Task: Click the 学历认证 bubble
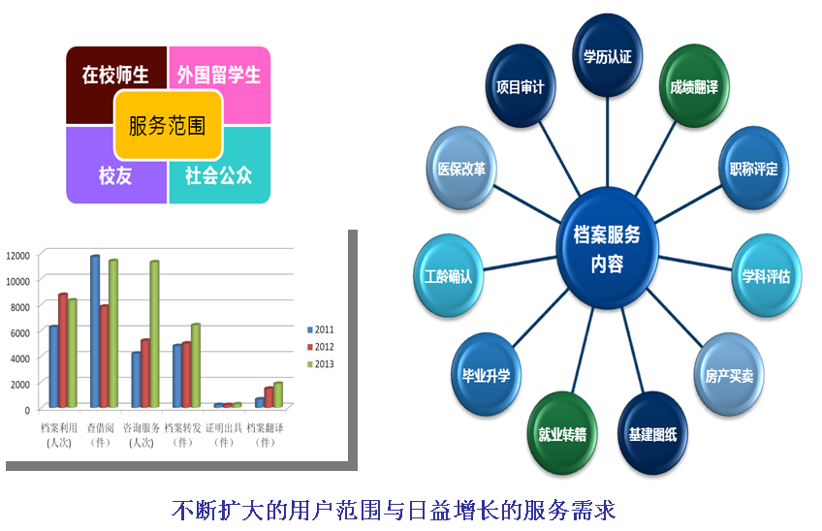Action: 608,55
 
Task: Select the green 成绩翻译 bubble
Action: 694,86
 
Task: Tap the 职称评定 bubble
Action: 753,169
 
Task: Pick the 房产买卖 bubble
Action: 729,375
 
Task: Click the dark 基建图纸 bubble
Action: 652,433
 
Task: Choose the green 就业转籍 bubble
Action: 562,433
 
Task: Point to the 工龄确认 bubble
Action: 448,276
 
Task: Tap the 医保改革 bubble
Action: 461,169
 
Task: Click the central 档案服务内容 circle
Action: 607,248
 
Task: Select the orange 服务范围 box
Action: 169,125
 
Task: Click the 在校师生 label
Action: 115,75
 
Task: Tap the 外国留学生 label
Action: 219,75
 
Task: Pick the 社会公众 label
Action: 219,175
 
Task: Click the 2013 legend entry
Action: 320,363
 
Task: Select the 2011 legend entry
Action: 320,329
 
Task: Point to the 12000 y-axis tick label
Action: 17,255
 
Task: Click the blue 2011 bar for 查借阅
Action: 95,331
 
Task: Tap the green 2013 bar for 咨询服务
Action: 154,334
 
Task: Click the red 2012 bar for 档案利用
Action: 63,350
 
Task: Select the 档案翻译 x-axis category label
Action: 266,435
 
